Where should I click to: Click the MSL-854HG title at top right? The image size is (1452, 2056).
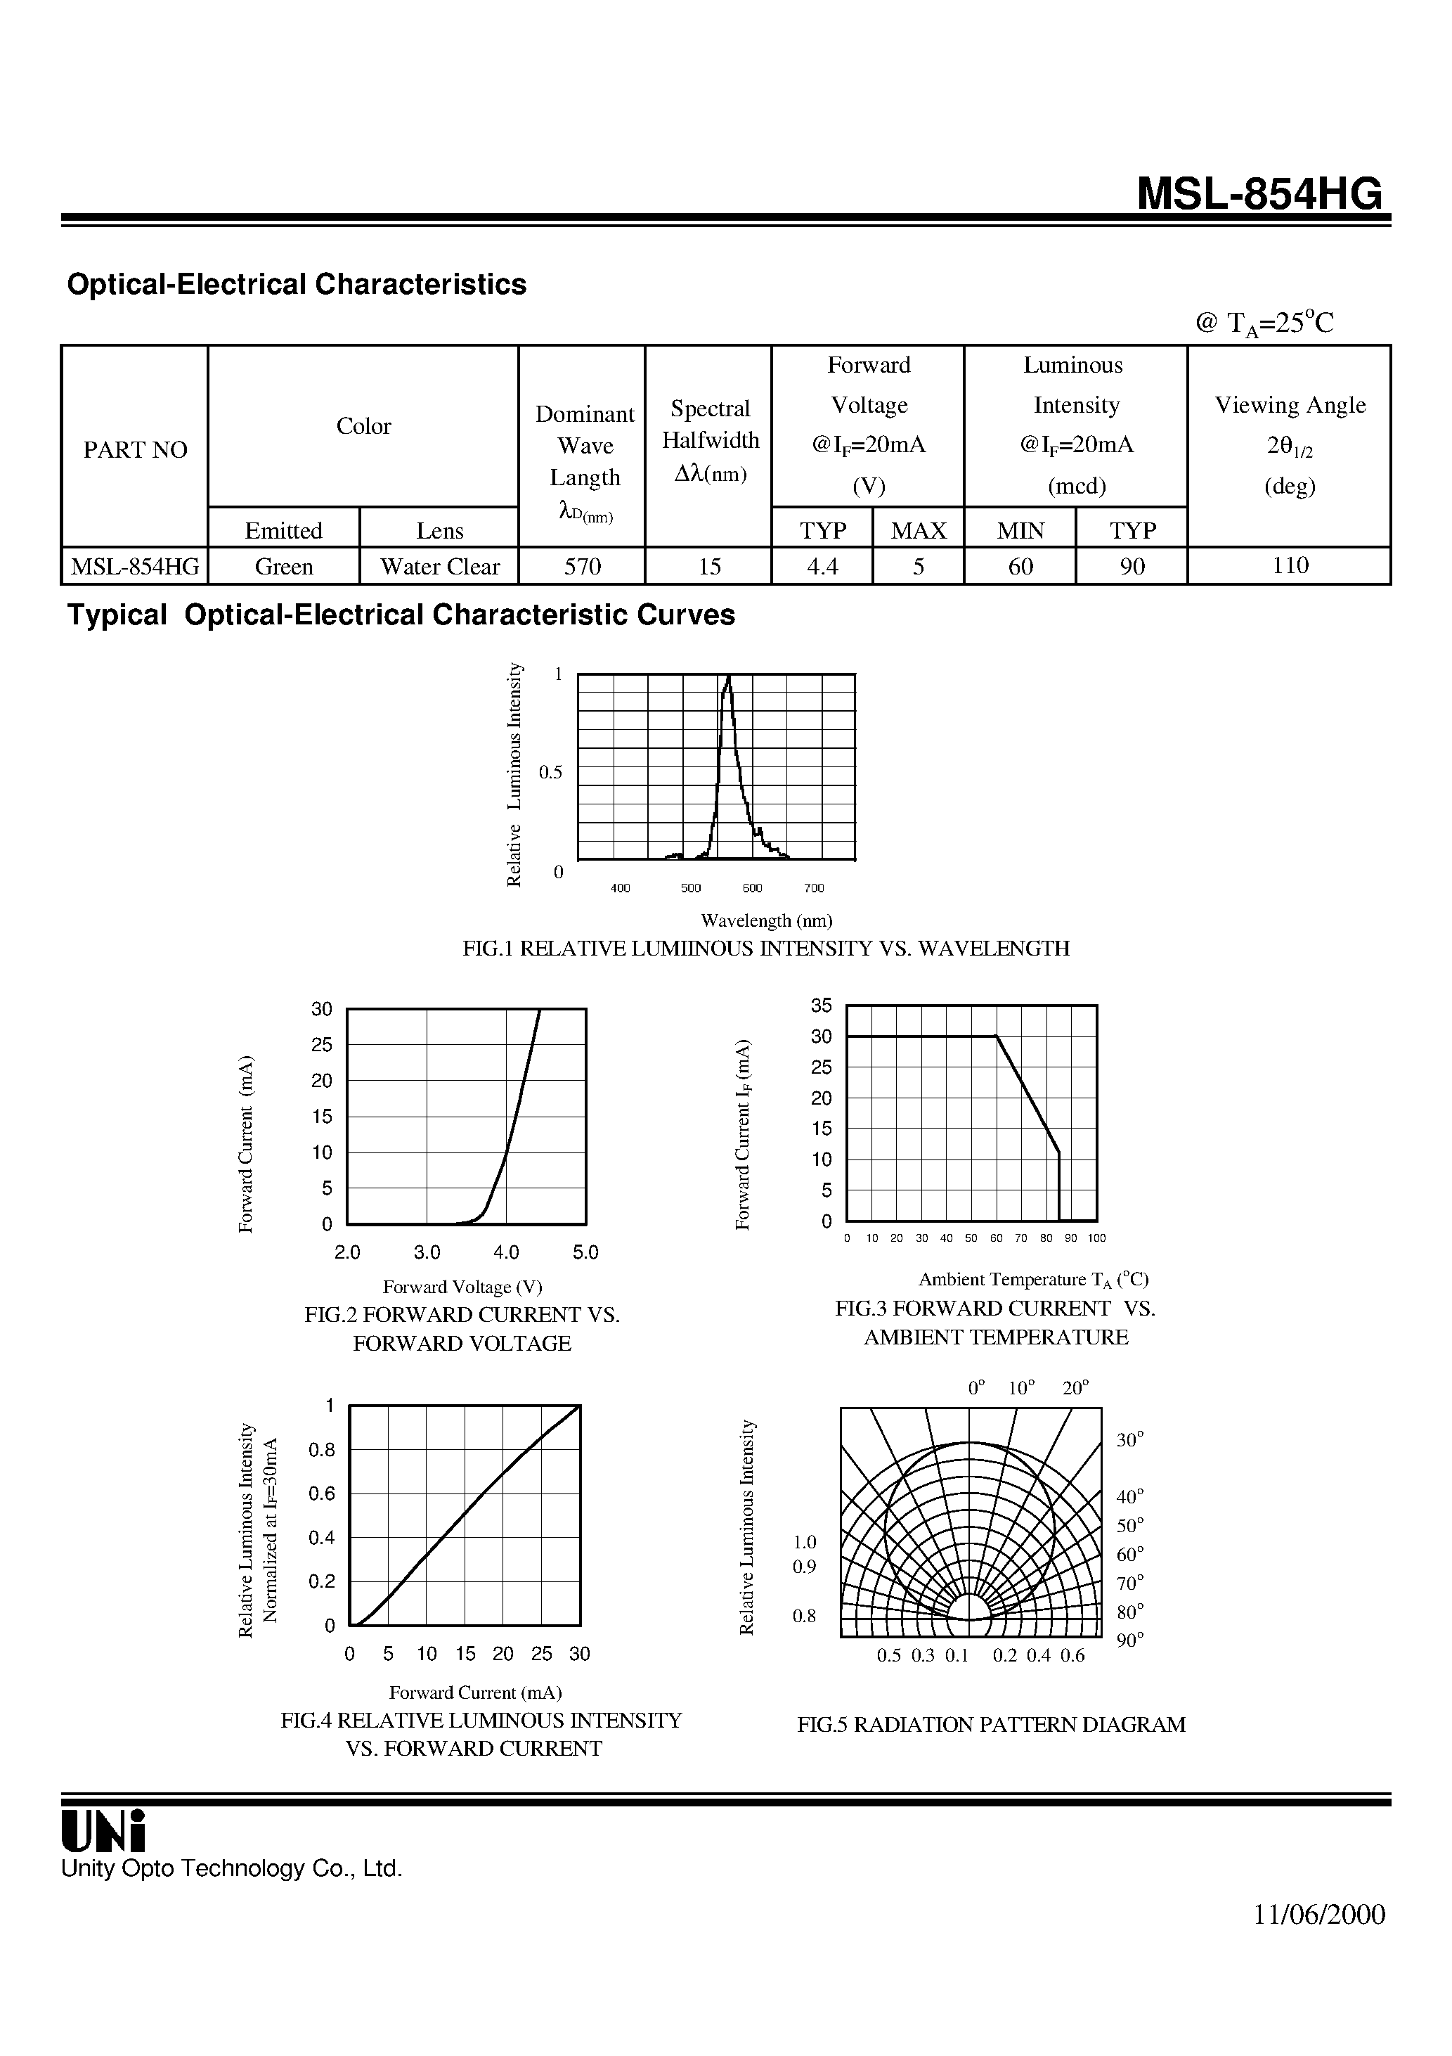coord(1259,193)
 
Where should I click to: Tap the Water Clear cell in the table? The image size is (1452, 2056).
coord(439,567)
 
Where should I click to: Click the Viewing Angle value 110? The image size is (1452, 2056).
coord(1289,565)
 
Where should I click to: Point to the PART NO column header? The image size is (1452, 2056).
coord(135,449)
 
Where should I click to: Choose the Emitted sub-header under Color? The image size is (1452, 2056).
coord(284,530)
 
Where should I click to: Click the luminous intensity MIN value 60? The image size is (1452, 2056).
coord(1020,567)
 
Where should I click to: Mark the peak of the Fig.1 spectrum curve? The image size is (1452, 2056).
coord(729,678)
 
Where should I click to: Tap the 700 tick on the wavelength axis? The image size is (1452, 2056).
coord(813,888)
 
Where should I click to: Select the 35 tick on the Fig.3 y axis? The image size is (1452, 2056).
coord(821,1005)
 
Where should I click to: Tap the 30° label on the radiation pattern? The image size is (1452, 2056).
coord(1129,1440)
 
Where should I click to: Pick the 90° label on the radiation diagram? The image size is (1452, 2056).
coord(1129,1640)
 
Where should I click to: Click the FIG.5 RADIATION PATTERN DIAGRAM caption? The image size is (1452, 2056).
coord(991,1725)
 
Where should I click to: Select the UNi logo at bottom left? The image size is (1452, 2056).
coord(102,1830)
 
